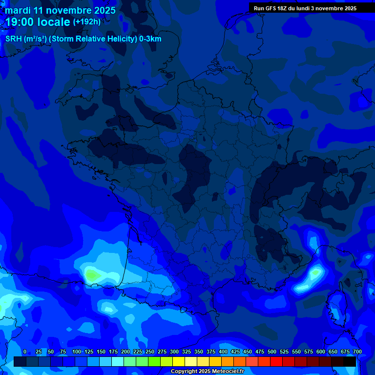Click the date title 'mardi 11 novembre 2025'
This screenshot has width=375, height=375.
(x=60, y=10)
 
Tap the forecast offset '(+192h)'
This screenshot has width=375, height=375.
(x=87, y=22)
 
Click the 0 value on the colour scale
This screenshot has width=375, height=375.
(x=25, y=352)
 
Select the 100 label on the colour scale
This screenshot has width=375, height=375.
(x=77, y=352)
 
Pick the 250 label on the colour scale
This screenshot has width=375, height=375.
(x=150, y=352)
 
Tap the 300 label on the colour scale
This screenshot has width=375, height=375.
(x=174, y=352)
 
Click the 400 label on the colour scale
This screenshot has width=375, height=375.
(x=223, y=352)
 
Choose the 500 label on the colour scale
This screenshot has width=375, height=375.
(x=272, y=352)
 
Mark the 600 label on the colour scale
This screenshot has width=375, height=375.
(x=321, y=352)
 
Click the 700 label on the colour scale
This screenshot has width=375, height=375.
(x=357, y=352)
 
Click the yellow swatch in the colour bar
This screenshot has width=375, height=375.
(x=179, y=361)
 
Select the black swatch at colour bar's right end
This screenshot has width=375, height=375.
(x=350, y=361)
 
